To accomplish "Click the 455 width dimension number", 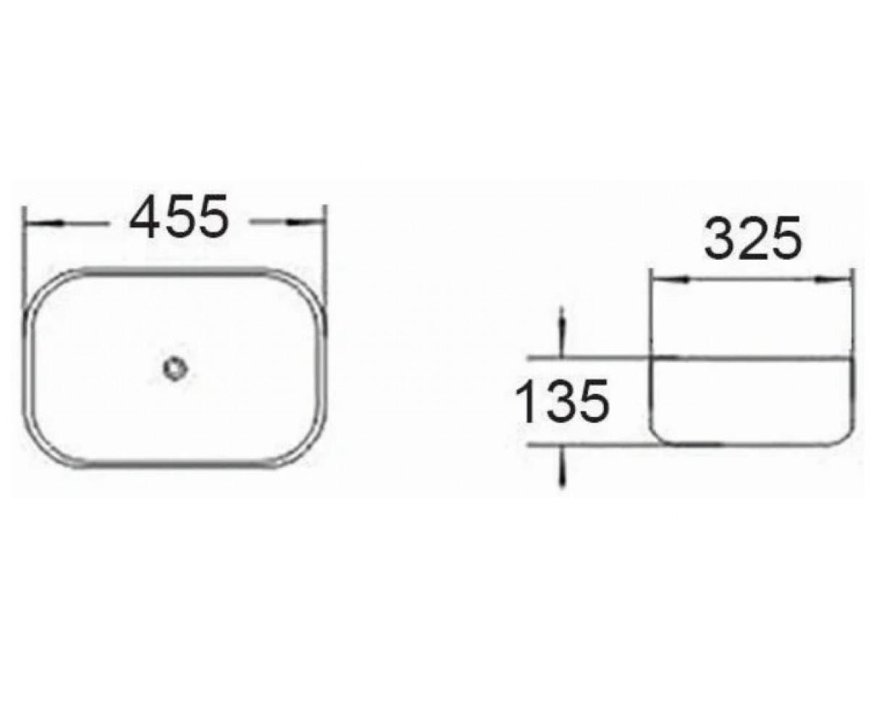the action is click(179, 216).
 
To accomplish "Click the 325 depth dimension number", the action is click(752, 238).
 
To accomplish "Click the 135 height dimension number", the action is click(562, 400).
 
